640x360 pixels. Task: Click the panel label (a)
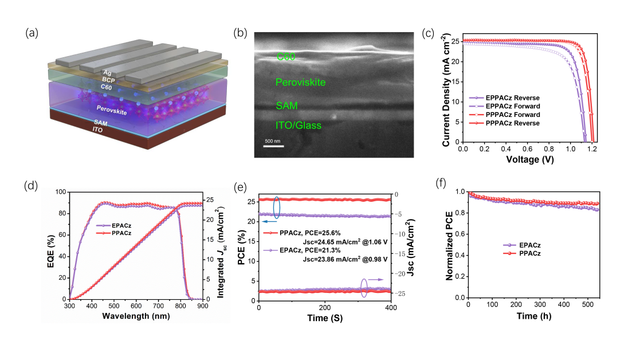(x=32, y=33)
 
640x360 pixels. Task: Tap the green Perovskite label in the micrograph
(x=301, y=83)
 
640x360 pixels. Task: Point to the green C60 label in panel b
(x=286, y=56)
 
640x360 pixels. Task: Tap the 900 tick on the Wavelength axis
(x=202, y=306)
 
